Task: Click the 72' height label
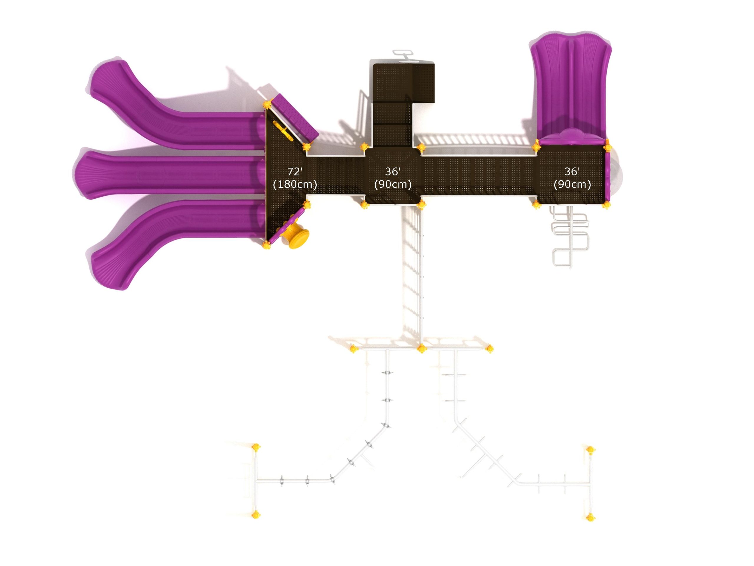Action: pyautogui.click(x=295, y=171)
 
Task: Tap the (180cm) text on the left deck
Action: pyautogui.click(x=295, y=185)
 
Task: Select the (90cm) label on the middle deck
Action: pyautogui.click(x=393, y=185)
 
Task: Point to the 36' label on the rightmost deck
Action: pyautogui.click(x=572, y=171)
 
